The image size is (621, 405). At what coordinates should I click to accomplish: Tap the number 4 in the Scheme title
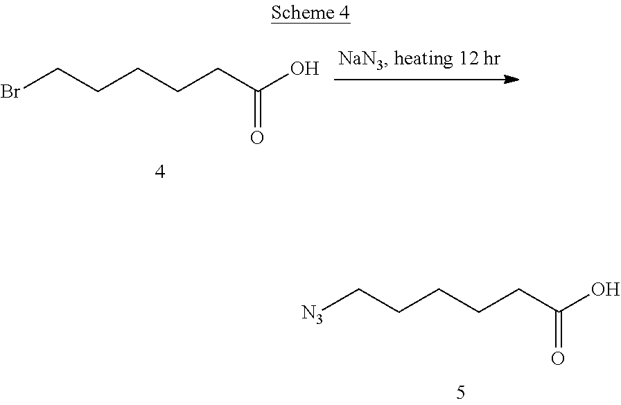click(344, 13)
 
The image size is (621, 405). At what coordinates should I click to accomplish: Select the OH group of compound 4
click(304, 69)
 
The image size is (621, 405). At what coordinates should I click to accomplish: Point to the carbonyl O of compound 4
click(257, 138)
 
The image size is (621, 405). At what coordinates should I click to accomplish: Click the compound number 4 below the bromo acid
click(160, 172)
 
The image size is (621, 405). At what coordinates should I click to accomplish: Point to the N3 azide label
click(313, 314)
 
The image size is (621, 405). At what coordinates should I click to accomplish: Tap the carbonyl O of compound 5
click(558, 359)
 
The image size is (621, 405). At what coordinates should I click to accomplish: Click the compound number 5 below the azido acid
click(462, 393)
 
